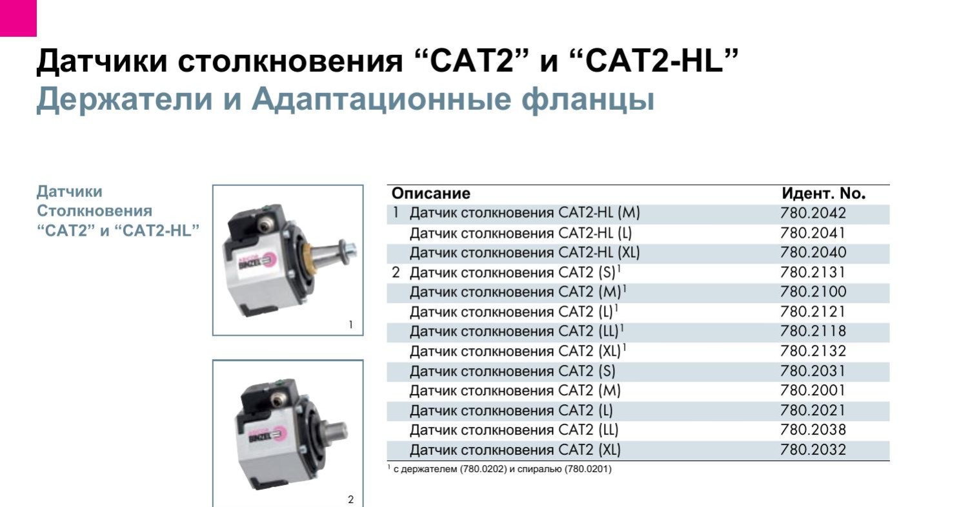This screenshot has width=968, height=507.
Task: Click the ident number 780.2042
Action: coord(812,213)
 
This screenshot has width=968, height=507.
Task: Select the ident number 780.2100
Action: coord(812,292)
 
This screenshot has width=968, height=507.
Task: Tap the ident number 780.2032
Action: coord(812,450)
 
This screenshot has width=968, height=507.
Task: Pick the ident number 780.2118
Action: coord(812,331)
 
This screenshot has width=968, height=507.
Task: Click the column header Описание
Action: coord(431,194)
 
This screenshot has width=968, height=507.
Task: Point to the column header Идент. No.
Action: coord(823,194)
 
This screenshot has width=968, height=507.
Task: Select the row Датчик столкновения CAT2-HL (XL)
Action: coord(525,253)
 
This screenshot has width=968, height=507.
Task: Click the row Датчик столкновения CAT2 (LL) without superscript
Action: coord(514,430)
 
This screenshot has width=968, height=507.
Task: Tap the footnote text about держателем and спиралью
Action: coord(499,470)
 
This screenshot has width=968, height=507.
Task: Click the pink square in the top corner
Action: coord(18,17)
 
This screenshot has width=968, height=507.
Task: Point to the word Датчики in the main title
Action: coord(101,61)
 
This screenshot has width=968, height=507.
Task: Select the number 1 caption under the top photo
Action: coord(351,325)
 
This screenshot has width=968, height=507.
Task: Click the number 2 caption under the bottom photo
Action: coord(351,499)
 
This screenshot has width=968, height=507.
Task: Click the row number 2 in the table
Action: coord(396,273)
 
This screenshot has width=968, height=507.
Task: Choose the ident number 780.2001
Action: coord(812,391)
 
